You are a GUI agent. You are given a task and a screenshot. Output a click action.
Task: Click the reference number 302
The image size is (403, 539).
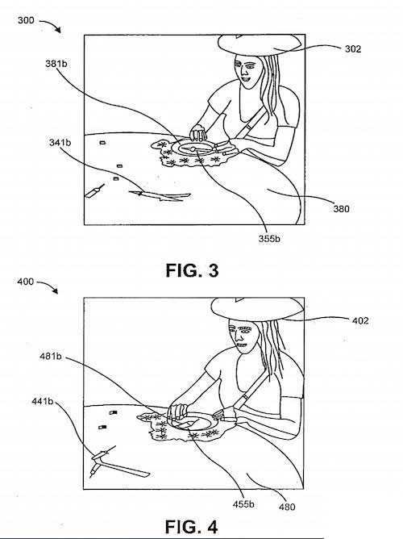(x=353, y=48)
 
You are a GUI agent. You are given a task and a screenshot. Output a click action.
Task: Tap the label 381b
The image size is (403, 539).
(x=56, y=64)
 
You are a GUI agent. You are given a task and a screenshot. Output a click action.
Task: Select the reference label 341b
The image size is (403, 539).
(x=60, y=142)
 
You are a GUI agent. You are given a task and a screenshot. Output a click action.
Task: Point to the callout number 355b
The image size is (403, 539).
(x=269, y=239)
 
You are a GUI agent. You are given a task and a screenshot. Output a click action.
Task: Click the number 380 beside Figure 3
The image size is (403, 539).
(x=341, y=209)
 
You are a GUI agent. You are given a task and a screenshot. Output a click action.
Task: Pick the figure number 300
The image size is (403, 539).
(x=26, y=20)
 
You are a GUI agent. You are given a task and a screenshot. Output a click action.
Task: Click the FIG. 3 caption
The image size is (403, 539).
(x=192, y=270)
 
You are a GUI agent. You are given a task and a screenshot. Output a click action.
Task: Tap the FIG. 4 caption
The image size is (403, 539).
(x=191, y=527)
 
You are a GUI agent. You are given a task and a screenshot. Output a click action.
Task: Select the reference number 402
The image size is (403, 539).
(x=360, y=320)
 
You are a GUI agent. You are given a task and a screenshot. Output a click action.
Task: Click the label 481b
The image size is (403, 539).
(x=51, y=357)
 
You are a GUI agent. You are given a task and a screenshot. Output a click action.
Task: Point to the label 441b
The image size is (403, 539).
(x=43, y=401)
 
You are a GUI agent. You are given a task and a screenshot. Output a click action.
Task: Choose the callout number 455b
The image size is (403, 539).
(x=243, y=504)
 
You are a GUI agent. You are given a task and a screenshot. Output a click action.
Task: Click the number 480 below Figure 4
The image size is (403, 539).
(x=287, y=507)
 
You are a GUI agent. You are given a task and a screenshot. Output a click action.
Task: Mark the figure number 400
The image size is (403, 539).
(x=26, y=282)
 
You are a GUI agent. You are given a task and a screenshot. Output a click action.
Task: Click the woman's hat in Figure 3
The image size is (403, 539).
(x=260, y=44)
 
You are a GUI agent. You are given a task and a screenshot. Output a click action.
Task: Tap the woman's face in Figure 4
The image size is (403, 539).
(x=242, y=337)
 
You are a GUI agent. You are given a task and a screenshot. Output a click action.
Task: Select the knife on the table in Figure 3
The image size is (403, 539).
(x=160, y=195)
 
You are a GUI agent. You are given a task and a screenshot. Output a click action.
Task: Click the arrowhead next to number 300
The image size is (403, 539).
(x=59, y=31)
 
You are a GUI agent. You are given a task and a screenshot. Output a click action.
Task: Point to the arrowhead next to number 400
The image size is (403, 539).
(x=56, y=291)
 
